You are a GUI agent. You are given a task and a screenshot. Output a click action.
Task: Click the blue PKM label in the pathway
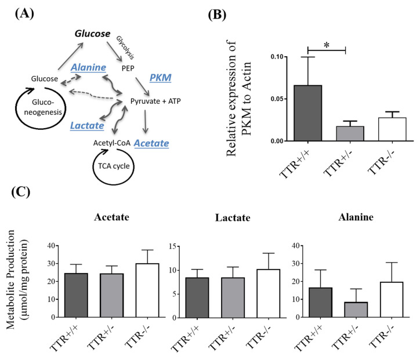(161, 77)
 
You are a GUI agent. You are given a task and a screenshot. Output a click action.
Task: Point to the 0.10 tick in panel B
(262, 57)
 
